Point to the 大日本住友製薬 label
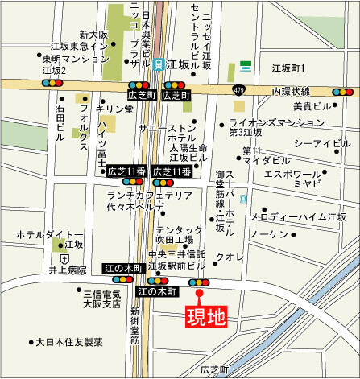(x=69, y=342)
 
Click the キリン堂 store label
(x=114, y=107)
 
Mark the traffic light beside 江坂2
(x=52, y=82)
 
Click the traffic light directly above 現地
(x=199, y=282)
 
